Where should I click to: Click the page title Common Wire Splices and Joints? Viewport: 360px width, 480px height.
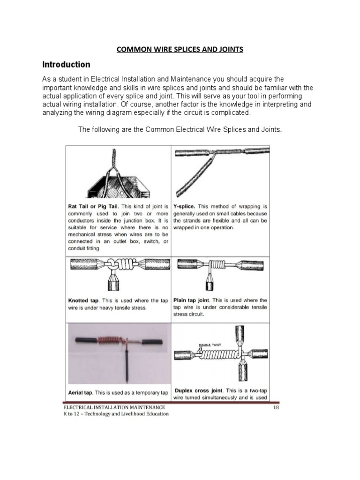180,49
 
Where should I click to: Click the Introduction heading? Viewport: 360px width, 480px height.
67,64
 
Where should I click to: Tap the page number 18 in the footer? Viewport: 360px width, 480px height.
276,408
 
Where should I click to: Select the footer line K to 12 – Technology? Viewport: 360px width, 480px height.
116,414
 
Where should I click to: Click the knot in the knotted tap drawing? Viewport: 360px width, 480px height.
112,266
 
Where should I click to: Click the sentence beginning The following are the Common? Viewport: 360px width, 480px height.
180,129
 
